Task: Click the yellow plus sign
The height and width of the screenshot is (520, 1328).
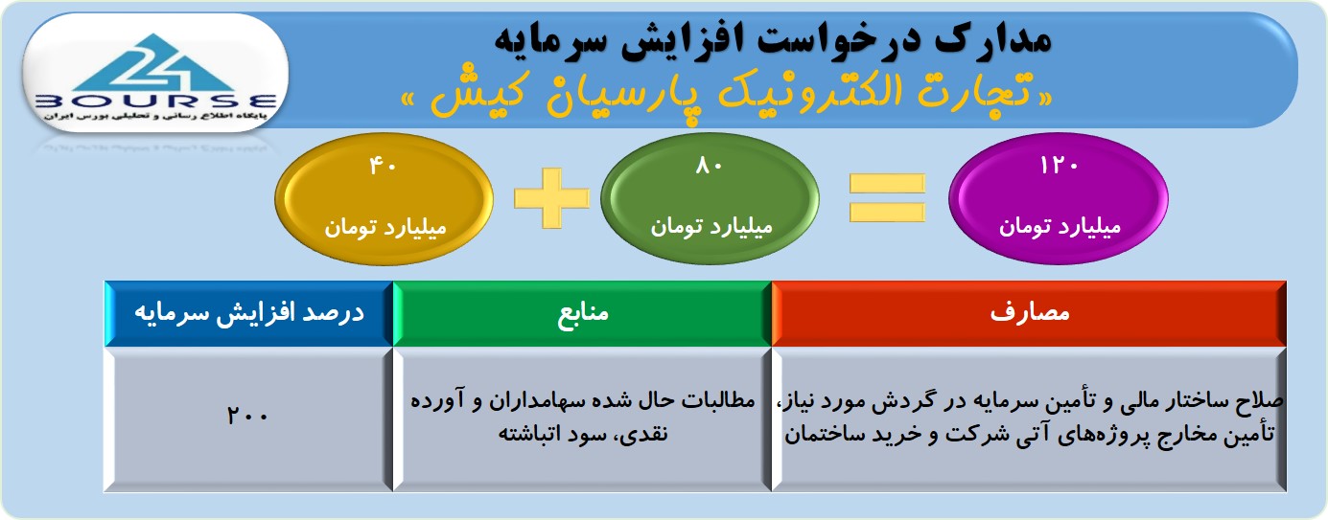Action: click(x=551, y=198)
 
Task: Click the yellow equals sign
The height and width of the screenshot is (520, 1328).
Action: click(x=887, y=198)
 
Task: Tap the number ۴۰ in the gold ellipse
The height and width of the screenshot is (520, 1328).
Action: click(x=383, y=166)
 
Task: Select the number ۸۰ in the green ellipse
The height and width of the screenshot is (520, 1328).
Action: click(x=709, y=166)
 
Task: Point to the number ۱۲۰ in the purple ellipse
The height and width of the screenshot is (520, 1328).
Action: click(x=1059, y=166)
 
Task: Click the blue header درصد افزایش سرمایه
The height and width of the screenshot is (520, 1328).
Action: click(x=249, y=313)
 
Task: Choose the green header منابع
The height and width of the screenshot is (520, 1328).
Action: click(x=582, y=313)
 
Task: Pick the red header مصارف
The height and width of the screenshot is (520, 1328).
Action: click(x=1029, y=313)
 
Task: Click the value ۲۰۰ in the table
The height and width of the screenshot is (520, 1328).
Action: click(x=247, y=416)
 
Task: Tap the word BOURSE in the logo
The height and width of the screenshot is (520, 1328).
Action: click(x=155, y=102)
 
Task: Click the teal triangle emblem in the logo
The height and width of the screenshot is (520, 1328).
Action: click(x=155, y=63)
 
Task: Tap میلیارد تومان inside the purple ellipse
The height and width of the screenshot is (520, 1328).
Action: click(x=1060, y=227)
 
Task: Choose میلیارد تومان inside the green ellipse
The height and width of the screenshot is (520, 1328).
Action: click(x=711, y=227)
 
